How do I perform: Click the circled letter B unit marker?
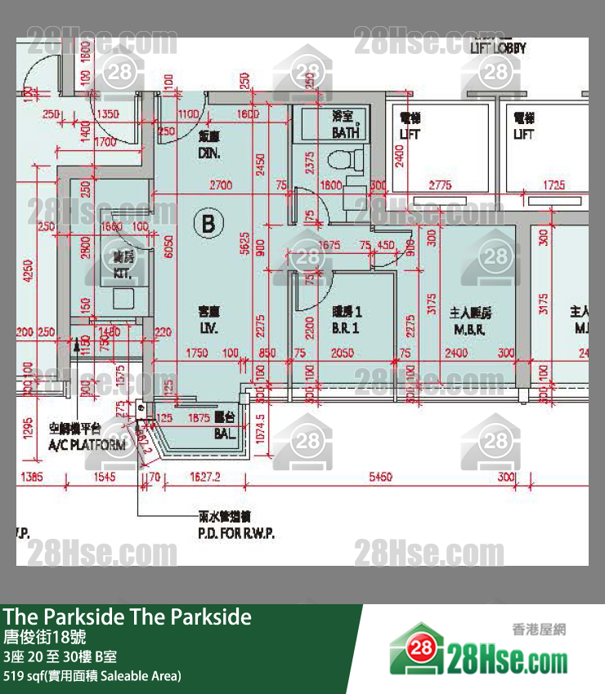click(208, 223)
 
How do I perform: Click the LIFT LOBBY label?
click(498, 48)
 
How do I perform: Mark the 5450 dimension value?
click(380, 476)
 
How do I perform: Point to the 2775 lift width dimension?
click(440, 185)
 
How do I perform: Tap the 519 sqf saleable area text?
click(92, 675)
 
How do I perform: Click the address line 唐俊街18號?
click(45, 638)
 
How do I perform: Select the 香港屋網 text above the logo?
click(539, 629)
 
